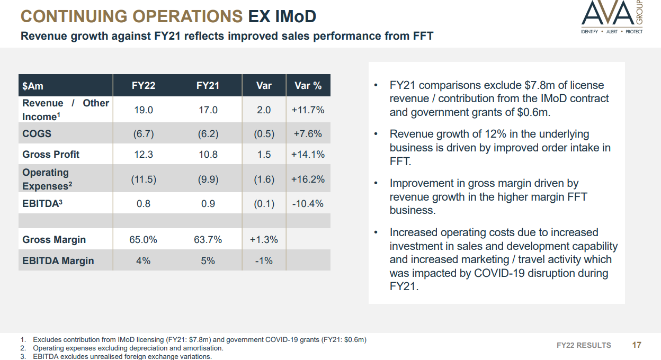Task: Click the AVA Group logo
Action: (612, 17)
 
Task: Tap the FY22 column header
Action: (144, 86)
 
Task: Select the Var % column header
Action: (308, 86)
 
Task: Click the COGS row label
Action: (37, 133)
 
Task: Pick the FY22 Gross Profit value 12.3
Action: (144, 155)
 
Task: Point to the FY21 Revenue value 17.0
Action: (208, 110)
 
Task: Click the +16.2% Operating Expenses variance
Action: (308, 179)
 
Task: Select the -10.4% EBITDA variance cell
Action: (308, 204)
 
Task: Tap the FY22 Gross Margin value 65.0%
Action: (144, 240)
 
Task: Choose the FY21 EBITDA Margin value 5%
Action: (208, 261)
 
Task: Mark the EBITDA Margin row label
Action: (58, 261)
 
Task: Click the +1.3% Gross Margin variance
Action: (264, 240)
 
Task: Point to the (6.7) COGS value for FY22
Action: (144, 133)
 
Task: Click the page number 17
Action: (637, 345)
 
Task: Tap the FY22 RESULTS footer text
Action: (584, 345)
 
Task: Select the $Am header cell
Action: (33, 86)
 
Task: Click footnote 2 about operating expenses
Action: (128, 348)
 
